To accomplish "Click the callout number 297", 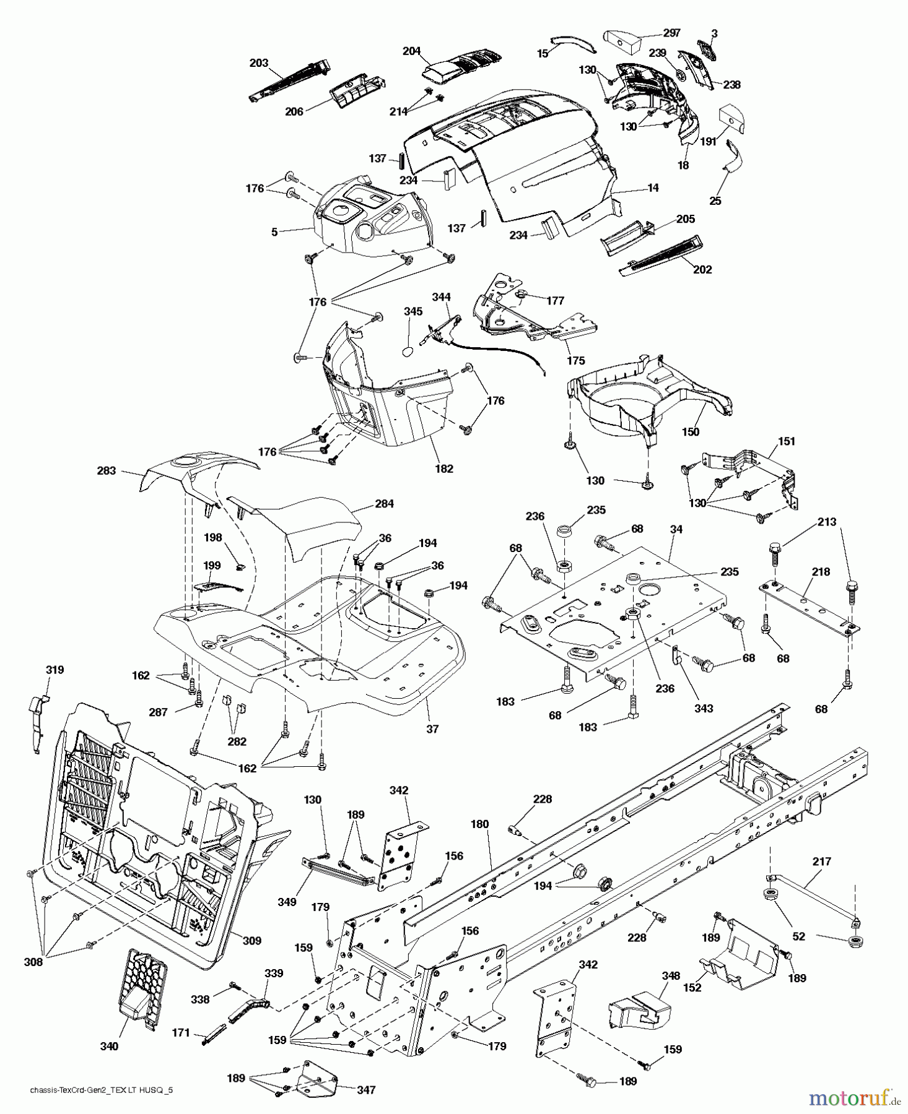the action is [x=671, y=33].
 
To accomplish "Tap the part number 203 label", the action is [x=259, y=63].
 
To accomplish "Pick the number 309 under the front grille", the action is [x=251, y=941].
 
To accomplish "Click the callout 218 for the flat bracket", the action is [x=821, y=572].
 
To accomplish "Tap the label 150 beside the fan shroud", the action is [x=691, y=431].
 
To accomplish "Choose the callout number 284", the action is [x=384, y=504].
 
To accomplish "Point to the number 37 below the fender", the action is [x=432, y=729].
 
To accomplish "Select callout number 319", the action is [x=55, y=670].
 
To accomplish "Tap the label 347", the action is [x=366, y=1090].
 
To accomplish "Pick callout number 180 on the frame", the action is [x=479, y=824].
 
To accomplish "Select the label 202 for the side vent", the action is [x=702, y=269].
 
